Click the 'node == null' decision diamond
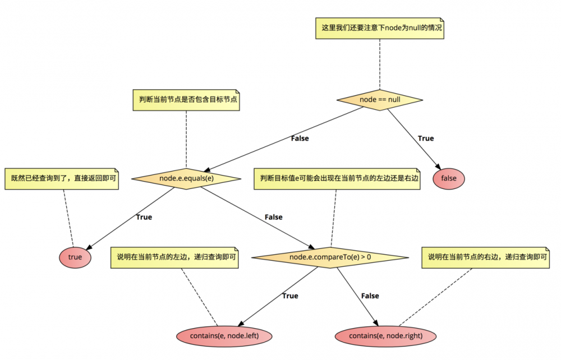[380, 99]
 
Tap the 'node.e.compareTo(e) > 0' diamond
[330, 257]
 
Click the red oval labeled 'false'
[449, 178]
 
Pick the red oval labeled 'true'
[75, 257]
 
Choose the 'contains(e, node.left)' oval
[224, 335]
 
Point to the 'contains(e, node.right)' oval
[385, 335]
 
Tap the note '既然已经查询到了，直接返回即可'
[62, 178]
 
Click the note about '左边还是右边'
[337, 178]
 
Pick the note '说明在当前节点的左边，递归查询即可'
[176, 257]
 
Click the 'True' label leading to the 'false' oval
[426, 138]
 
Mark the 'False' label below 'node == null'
[300, 138]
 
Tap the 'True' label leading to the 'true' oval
[144, 217]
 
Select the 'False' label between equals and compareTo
[273, 217]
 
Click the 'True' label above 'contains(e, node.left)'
[290, 296]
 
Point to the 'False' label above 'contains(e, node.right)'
[370, 296]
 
